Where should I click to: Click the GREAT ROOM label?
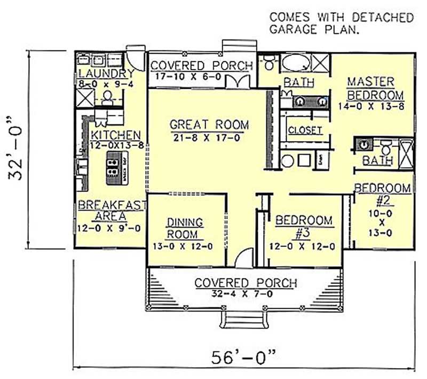coord(209,125)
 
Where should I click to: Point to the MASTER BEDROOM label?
coord(370,88)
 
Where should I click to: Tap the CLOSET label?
coord(305,130)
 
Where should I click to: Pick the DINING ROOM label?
coord(185,228)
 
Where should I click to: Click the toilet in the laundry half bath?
coord(108,97)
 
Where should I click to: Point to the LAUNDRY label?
coord(105,73)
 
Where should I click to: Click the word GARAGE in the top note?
coord(294,30)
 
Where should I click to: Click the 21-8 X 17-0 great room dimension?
coord(209,137)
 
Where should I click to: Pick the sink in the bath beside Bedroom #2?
coord(363,144)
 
